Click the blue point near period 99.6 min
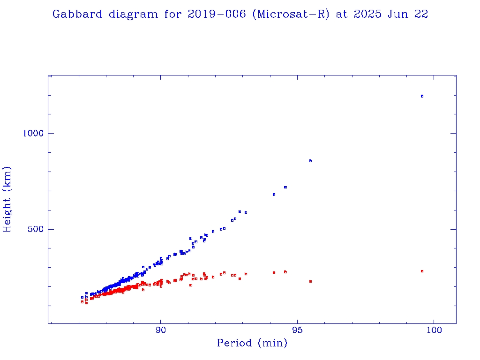[422, 96]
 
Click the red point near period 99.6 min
[422, 271]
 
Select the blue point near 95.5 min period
[310, 161]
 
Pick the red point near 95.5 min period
[310, 281]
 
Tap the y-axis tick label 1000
[33, 133]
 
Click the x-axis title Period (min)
[252, 343]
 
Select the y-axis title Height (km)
[7, 199]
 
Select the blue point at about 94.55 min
[285, 187]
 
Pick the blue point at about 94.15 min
[274, 194]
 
